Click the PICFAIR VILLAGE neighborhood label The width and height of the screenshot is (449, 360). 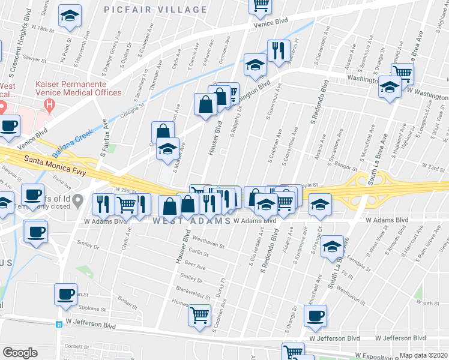tap(155, 10)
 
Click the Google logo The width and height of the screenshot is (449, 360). tap(20, 353)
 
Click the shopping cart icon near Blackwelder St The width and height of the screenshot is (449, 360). tap(199, 314)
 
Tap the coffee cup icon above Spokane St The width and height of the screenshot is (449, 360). tap(65, 294)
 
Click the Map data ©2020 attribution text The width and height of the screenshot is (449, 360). tap(423, 355)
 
